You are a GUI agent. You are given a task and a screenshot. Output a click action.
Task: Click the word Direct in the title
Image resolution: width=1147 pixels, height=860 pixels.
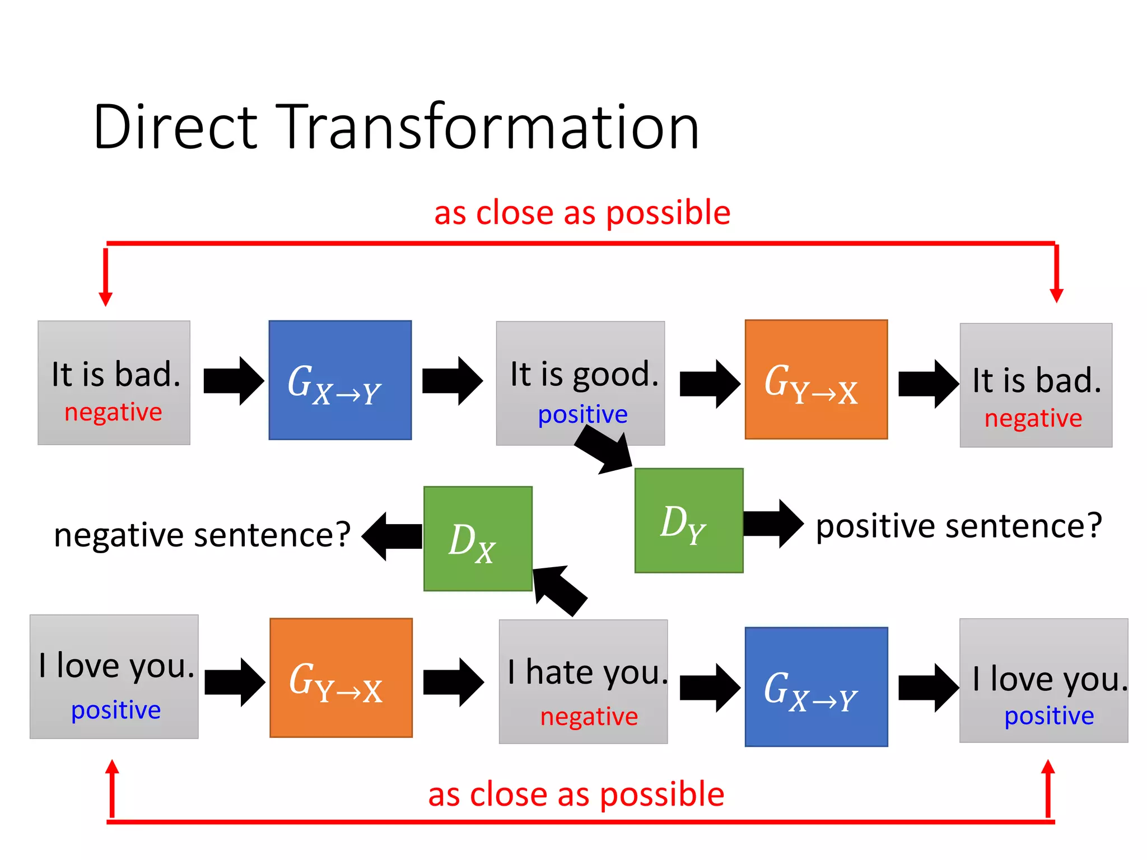tap(175, 128)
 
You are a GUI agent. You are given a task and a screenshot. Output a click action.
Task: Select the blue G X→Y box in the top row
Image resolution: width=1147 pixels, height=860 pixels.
tap(340, 380)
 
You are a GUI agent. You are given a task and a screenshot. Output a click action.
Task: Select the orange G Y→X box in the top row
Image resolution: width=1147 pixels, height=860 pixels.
tap(816, 380)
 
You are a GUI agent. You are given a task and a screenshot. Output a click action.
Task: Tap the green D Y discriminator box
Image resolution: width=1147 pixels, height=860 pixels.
tap(688, 521)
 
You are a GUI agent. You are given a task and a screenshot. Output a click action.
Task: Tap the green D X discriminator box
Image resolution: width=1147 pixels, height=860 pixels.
tap(478, 539)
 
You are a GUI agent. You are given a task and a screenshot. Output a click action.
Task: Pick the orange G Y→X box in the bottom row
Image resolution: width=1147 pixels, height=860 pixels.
tap(341, 677)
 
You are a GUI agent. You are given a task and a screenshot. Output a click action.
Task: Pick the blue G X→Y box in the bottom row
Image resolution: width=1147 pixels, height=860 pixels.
tap(816, 687)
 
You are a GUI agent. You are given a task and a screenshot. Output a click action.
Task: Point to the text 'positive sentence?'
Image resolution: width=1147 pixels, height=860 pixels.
tap(958, 526)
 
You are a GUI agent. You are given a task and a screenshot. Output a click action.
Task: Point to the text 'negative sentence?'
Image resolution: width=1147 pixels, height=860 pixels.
tap(202, 535)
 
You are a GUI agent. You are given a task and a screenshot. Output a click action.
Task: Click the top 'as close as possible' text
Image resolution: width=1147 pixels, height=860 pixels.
tap(582, 213)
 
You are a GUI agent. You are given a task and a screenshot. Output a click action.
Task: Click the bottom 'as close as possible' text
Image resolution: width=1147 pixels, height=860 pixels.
tap(576, 794)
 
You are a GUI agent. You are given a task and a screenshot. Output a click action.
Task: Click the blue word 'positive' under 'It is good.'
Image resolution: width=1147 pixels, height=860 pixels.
tap(582, 415)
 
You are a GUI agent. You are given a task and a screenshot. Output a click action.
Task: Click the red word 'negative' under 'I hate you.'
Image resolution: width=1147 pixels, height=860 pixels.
tap(589, 717)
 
